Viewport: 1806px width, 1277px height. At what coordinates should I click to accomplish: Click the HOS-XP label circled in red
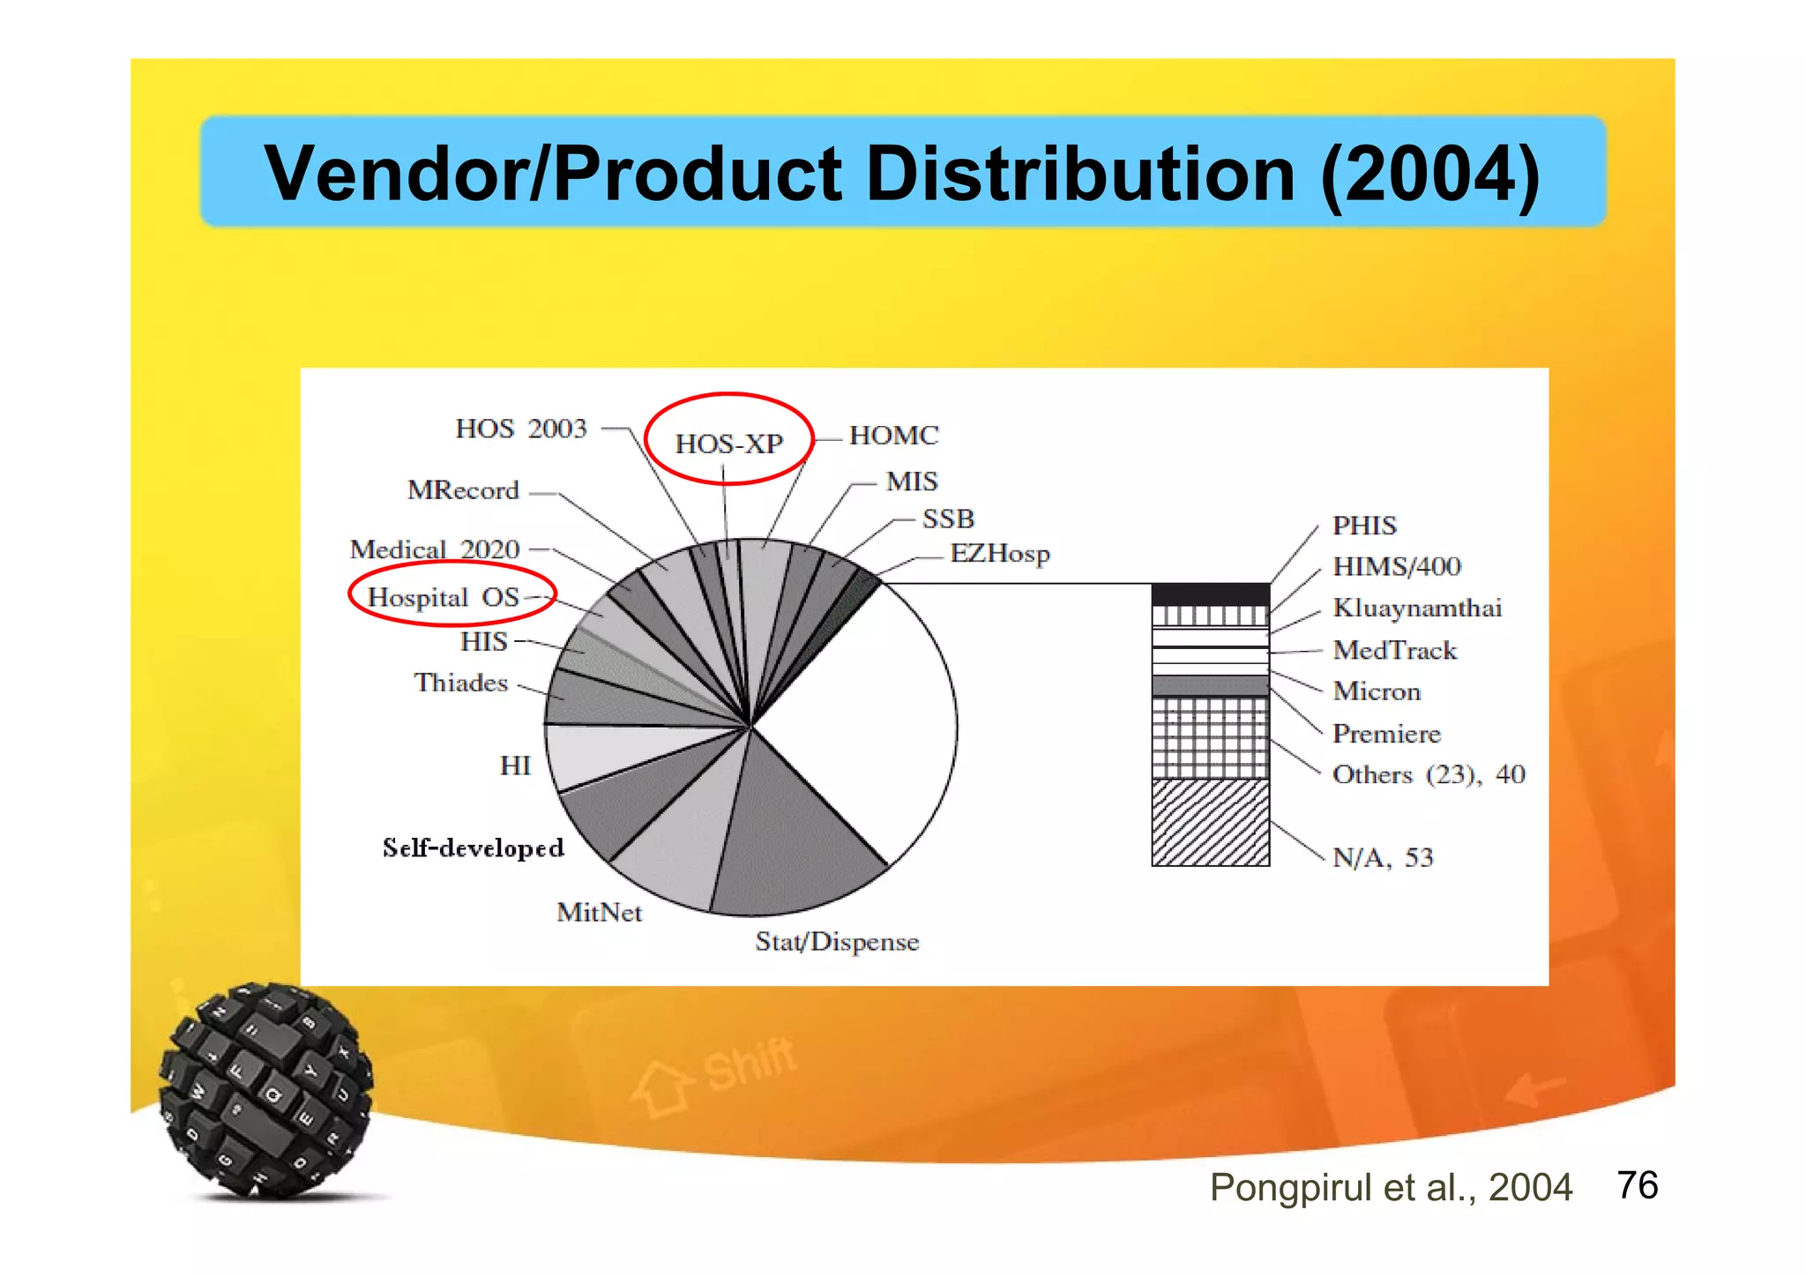(x=728, y=443)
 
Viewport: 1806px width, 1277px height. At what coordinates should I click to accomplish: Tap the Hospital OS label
(x=443, y=597)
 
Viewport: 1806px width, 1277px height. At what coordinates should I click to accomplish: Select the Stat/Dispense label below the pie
(x=837, y=942)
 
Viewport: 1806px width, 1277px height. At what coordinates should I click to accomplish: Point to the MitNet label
(x=599, y=912)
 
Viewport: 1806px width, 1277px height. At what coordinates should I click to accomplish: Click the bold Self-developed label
(x=473, y=848)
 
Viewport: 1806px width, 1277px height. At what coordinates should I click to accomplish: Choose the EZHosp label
(x=999, y=554)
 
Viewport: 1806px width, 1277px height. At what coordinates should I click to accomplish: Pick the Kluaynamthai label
(x=1416, y=608)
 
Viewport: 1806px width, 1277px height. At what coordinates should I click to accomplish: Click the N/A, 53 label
(x=1382, y=857)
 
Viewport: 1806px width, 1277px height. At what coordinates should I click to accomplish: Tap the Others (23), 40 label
(x=1428, y=774)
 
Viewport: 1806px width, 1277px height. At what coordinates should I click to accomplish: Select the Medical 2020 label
(x=435, y=549)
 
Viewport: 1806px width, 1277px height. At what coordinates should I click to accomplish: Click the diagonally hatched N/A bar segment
(x=1210, y=822)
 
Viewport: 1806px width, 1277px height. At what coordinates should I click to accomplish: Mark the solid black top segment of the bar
(x=1210, y=594)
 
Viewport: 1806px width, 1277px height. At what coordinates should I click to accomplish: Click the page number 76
(x=1637, y=1185)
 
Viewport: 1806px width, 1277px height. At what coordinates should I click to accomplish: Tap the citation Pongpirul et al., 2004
(x=1390, y=1187)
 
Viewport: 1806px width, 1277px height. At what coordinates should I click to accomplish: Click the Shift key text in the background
(x=750, y=1064)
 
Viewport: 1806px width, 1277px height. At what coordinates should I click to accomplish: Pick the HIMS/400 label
(x=1396, y=566)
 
